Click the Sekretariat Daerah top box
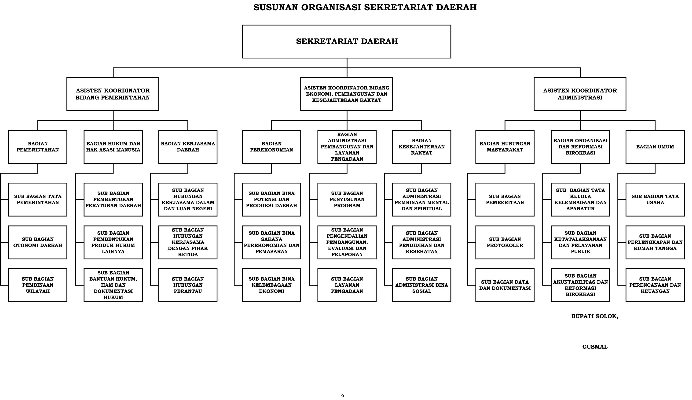(346, 41)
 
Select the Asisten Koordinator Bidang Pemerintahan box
(113, 94)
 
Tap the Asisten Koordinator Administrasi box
(580, 94)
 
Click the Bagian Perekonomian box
(271, 147)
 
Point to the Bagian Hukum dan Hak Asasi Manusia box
(113, 147)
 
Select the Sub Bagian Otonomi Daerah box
(38, 242)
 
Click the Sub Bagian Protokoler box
(505, 242)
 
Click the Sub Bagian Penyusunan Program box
(347, 200)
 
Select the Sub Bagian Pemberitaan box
(505, 200)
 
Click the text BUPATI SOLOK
(595, 316)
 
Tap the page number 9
(342, 396)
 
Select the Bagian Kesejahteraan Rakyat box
(421, 147)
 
